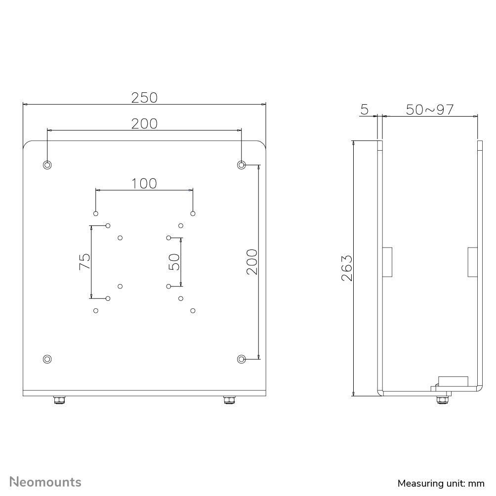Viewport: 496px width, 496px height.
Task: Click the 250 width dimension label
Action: (x=144, y=98)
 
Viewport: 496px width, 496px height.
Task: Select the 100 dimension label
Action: (x=144, y=183)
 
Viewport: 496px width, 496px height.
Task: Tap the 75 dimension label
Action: (x=84, y=261)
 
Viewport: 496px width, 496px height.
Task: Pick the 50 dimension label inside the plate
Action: (x=174, y=262)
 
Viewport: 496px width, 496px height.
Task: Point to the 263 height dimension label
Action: (x=347, y=268)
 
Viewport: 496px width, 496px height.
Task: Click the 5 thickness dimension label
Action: (x=365, y=110)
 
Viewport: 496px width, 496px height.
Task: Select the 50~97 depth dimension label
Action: (x=430, y=110)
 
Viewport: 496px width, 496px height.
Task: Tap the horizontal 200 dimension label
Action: (x=144, y=124)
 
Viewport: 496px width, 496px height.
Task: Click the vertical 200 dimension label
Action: (x=252, y=262)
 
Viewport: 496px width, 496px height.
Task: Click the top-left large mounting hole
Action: (x=47, y=165)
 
